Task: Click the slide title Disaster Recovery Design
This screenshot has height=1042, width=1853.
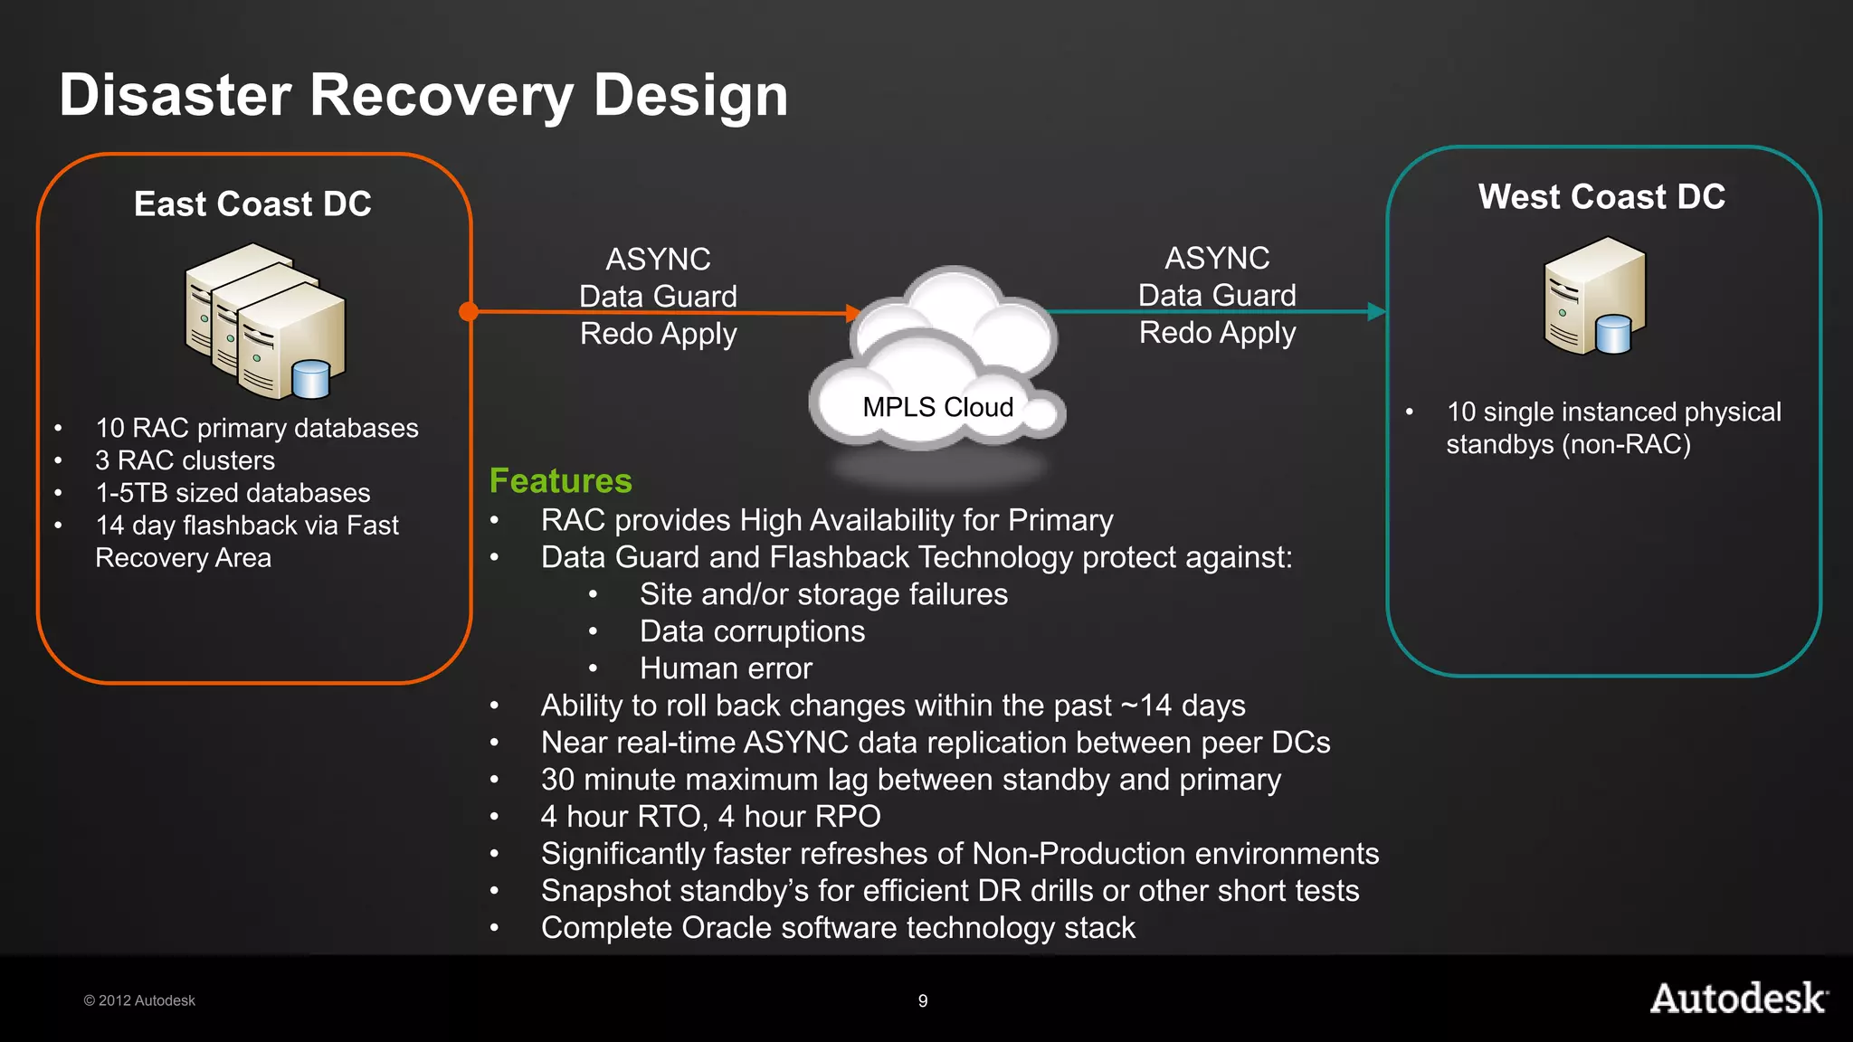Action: tap(423, 95)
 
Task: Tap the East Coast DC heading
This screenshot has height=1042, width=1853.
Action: tap(252, 204)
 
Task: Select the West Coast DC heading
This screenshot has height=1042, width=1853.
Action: tap(1601, 197)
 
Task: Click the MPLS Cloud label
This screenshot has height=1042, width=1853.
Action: tap(937, 407)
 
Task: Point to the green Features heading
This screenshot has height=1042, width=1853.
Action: tap(560, 481)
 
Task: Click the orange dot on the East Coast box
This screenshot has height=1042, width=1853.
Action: tap(469, 312)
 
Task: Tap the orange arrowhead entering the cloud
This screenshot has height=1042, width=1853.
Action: tap(852, 314)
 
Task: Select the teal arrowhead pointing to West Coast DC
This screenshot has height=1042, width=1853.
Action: tap(1375, 312)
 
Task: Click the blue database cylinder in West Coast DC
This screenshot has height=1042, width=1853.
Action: tap(1613, 334)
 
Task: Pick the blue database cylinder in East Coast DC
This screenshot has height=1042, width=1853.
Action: tap(311, 379)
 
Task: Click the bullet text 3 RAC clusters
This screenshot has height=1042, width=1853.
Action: tap(185, 460)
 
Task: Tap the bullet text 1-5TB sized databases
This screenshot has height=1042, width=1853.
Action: tap(233, 493)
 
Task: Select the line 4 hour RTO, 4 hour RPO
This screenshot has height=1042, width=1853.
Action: tap(710, 817)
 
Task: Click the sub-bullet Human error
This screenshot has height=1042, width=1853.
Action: tap(726, 668)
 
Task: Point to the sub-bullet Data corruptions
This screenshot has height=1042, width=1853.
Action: tap(752, 631)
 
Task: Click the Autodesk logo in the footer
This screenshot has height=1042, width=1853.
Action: tap(1738, 999)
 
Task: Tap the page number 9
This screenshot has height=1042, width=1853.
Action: tap(923, 1001)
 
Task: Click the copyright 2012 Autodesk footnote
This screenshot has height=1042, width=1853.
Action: tap(139, 1000)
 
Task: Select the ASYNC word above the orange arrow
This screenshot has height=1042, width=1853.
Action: tap(658, 260)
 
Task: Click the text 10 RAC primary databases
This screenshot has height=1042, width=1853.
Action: tap(257, 428)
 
